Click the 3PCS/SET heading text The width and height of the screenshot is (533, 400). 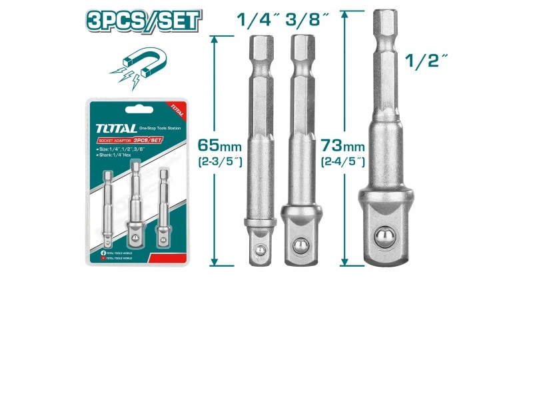[x=143, y=20]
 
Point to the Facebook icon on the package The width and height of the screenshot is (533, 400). [x=103, y=254]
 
